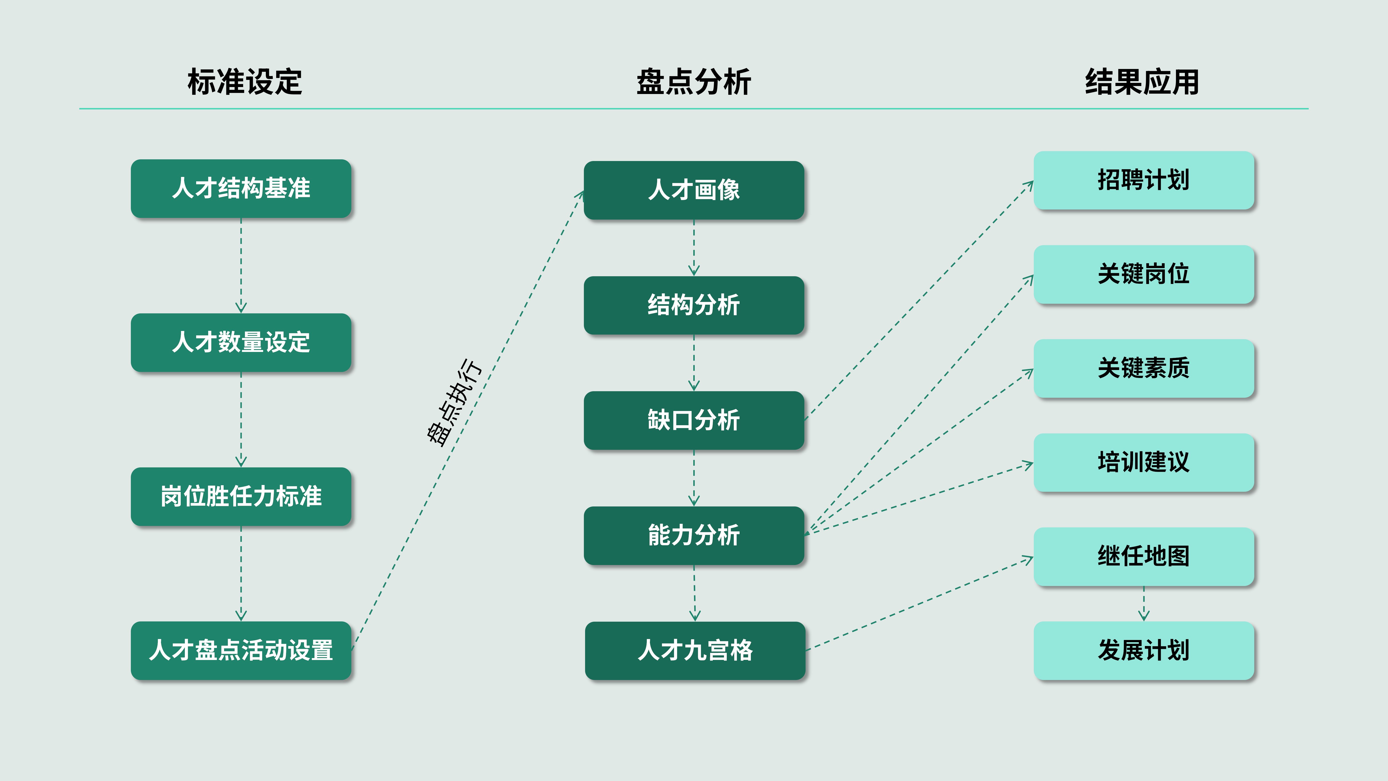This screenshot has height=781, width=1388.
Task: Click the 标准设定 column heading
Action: [x=245, y=82]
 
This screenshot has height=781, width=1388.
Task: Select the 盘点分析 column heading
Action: [x=694, y=82]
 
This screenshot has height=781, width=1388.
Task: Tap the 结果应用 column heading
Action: [x=1142, y=82]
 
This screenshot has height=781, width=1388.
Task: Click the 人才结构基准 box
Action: [x=241, y=189]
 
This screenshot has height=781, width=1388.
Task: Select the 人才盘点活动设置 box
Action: [x=241, y=651]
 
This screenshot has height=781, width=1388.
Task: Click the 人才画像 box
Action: [x=694, y=190]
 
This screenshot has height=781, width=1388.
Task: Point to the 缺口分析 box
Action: [x=694, y=420]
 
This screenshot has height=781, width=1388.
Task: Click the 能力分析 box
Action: [x=694, y=536]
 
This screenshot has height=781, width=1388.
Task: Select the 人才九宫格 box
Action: [x=695, y=651]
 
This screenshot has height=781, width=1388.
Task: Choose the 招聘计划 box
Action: [x=1144, y=181]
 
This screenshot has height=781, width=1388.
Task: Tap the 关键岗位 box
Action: [x=1144, y=274]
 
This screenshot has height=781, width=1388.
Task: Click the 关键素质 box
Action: [x=1144, y=369]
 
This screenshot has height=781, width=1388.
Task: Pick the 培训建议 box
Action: [x=1144, y=463]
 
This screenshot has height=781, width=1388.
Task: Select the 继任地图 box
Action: [x=1144, y=557]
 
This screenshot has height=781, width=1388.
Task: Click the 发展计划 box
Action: [x=1144, y=651]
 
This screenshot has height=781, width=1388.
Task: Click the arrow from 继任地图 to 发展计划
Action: [x=1144, y=604]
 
